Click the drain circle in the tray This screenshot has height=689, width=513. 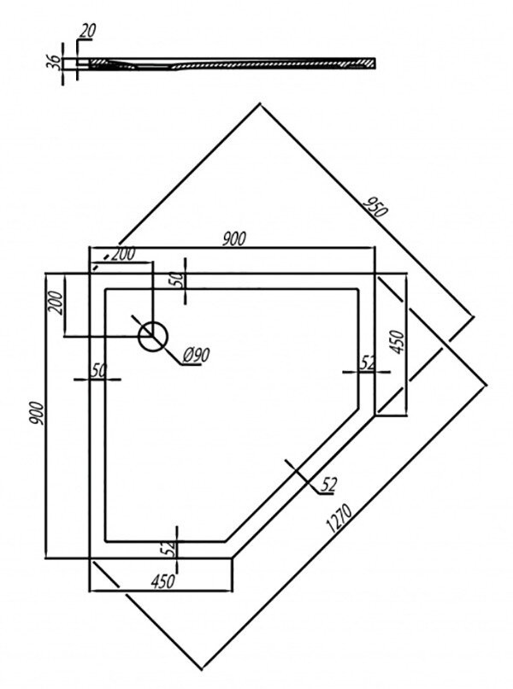(x=153, y=337)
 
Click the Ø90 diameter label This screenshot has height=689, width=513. (x=196, y=355)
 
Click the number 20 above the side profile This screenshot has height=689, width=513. (x=88, y=31)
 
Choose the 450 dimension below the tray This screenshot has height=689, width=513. (x=162, y=582)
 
